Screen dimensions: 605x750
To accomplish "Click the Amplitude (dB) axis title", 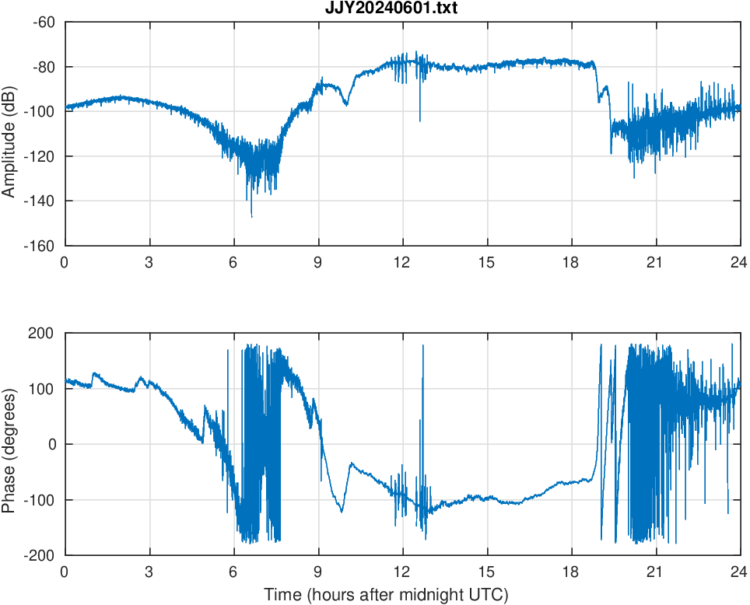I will [9, 134].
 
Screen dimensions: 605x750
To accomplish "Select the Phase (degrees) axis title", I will [9, 444].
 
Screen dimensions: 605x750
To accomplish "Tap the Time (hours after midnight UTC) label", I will [386, 596].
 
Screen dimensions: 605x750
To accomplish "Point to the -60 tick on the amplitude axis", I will [44, 22].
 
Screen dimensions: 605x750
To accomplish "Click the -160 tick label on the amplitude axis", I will [40, 246].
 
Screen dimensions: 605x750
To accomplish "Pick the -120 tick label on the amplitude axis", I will [40, 156].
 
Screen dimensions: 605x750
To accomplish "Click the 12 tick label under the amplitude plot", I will [402, 262].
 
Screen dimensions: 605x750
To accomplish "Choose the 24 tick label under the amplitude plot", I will [740, 262].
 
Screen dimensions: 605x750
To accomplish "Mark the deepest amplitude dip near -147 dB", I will [251, 215].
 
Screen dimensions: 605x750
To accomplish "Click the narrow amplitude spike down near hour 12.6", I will [420, 120].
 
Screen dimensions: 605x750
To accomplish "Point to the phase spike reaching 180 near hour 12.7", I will [423, 346].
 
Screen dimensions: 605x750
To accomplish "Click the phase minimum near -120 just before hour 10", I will [342, 511].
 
